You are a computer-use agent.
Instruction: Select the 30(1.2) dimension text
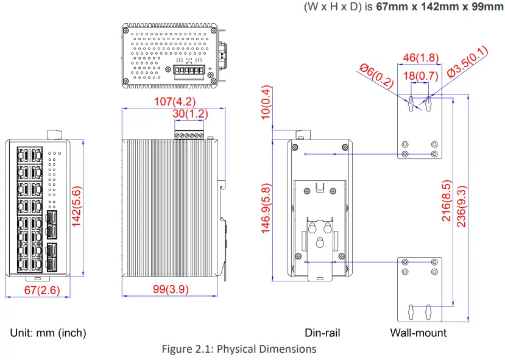coord(190,114)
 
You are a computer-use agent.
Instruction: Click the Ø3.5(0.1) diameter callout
coord(467,62)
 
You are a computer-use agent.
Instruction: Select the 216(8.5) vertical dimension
coord(447,201)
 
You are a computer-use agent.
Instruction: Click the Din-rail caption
coord(322,333)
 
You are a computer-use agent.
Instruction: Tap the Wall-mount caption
coord(418,333)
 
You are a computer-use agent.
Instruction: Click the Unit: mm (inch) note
coord(48,333)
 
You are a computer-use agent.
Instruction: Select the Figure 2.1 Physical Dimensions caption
coord(239,349)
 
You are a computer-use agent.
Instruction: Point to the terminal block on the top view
coord(188,72)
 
